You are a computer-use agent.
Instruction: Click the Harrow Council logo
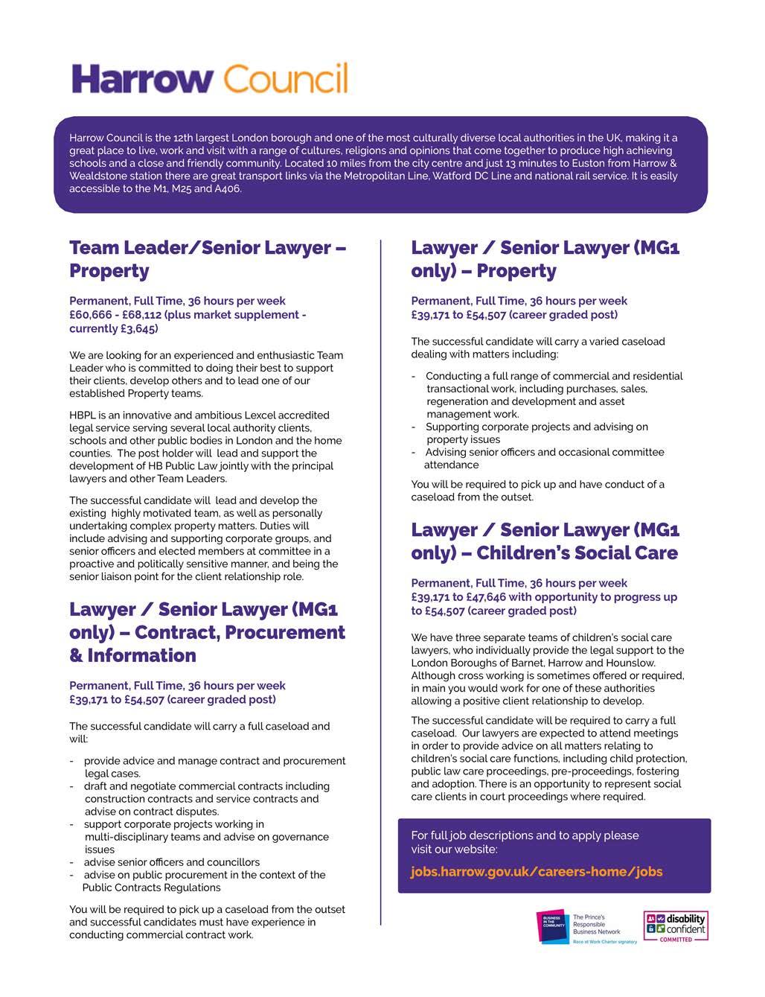pos(209,78)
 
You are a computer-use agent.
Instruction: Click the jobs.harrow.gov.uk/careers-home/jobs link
pos(536,871)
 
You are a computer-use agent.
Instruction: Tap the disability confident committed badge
pos(675,926)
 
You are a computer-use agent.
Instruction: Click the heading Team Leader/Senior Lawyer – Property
pos(208,259)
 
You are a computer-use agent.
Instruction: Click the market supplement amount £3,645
pos(138,328)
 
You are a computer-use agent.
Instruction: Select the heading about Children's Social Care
pos(545,541)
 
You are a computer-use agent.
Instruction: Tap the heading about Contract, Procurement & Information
pos(207,632)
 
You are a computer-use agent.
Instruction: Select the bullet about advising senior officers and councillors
pos(171,862)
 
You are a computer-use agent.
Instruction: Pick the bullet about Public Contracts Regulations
pos(204,881)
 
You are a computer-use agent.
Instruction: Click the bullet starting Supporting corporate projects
pos(536,433)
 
